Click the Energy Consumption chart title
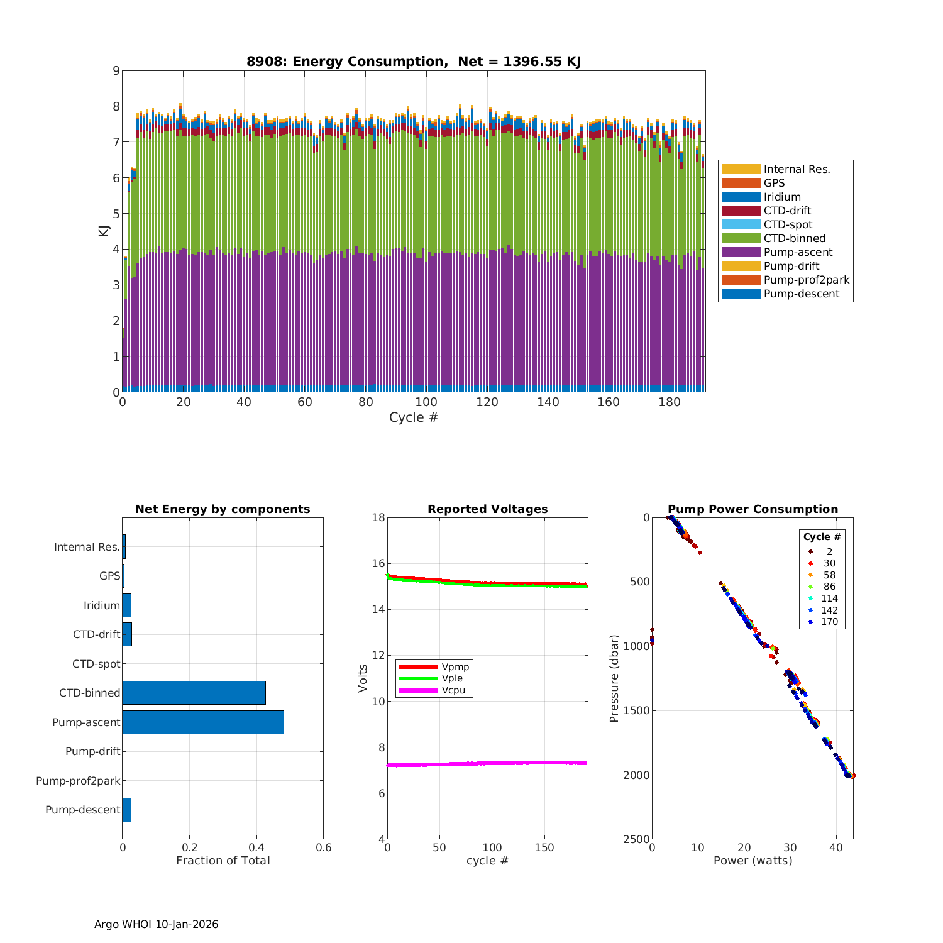[x=413, y=62]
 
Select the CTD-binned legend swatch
[x=741, y=238]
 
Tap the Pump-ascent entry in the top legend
[x=798, y=252]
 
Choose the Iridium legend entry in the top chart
[x=782, y=197]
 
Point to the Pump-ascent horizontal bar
[x=203, y=722]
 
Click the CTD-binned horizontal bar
[x=194, y=693]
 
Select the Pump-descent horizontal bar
[x=126, y=810]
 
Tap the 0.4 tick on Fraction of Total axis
[x=256, y=847]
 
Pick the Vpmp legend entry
[x=455, y=666]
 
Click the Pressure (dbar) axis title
[x=614, y=678]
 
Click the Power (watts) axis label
[x=753, y=861]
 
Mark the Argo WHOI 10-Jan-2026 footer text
[x=156, y=924]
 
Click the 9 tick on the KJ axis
[x=116, y=70]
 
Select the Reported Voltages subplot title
[x=487, y=509]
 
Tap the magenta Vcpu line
[x=487, y=763]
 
